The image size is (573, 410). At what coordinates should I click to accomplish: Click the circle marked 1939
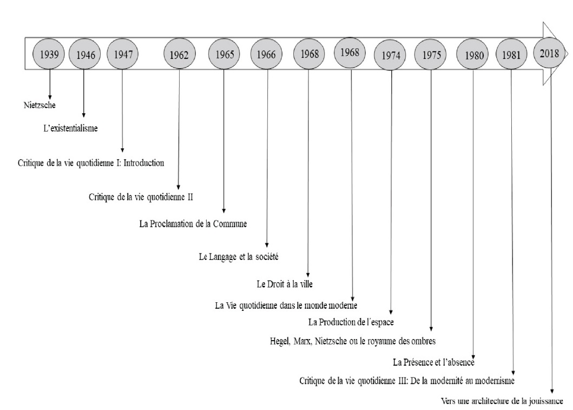[x=49, y=54]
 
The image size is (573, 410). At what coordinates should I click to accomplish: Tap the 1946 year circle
[x=85, y=54]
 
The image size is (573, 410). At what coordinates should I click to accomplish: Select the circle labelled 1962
[x=179, y=54]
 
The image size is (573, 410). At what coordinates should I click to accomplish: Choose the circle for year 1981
[x=511, y=54]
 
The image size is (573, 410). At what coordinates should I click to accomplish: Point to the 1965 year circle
[x=224, y=54]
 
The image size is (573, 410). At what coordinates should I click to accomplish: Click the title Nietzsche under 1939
[x=39, y=105]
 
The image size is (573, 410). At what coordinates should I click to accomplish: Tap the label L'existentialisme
[x=70, y=128]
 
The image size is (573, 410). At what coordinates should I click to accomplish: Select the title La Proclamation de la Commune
[x=193, y=224]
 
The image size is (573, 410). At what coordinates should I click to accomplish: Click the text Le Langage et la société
[x=239, y=257]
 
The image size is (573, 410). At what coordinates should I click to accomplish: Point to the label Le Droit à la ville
[x=285, y=284]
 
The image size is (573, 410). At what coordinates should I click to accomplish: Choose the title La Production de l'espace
[x=351, y=322]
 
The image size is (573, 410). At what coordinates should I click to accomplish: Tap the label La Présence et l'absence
[x=433, y=362]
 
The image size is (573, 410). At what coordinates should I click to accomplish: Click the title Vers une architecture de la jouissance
[x=502, y=401]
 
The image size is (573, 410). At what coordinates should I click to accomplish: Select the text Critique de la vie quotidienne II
[x=141, y=197]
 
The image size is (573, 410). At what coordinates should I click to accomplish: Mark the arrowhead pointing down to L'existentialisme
[x=84, y=115]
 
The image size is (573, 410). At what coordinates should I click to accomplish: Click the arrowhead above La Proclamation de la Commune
[x=223, y=211]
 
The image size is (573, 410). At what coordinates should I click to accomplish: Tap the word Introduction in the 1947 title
[x=143, y=163]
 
